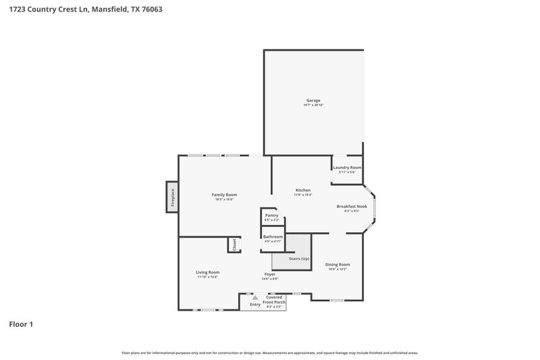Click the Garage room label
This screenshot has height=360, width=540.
pos(313,101)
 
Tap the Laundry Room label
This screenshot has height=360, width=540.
pos(347,168)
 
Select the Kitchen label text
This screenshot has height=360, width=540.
pos(303,190)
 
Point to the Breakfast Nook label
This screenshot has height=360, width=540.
pos(352,206)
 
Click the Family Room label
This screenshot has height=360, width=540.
pos(225,195)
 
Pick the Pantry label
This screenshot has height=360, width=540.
pos(271,215)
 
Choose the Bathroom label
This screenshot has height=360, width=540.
pos(273,236)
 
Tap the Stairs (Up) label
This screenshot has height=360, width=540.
pos(291,259)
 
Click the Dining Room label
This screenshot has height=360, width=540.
pos(339,264)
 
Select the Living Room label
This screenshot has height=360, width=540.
pos(208,272)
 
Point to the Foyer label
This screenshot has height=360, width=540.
pos(269,274)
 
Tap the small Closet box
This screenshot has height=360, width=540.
pos(234,245)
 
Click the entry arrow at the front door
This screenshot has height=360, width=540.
pos(255,297)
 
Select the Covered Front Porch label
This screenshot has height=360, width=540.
pos(275,299)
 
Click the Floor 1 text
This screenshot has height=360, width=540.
pos(21,325)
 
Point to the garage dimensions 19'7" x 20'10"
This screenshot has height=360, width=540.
pos(313,105)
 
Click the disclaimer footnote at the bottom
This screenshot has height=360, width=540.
pos(270,353)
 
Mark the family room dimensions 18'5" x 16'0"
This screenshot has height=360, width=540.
pos(225,199)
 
